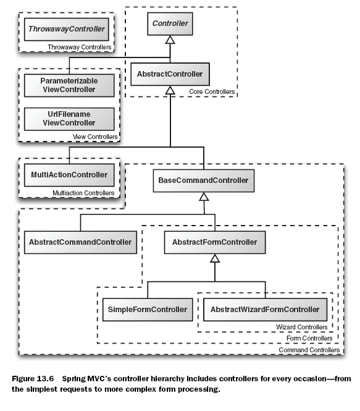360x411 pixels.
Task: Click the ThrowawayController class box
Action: point(67,30)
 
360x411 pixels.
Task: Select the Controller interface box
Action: point(170,23)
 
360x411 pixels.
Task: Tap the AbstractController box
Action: point(170,74)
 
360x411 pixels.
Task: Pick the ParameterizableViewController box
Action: point(69,85)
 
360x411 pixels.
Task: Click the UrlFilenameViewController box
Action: point(69,119)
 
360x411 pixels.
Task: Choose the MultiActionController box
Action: point(69,175)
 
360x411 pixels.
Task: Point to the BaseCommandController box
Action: point(203,180)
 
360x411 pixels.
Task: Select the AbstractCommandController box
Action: point(80,242)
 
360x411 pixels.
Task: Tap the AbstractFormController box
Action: point(215,242)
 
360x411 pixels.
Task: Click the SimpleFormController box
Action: point(148,310)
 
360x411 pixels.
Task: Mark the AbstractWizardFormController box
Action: point(265,310)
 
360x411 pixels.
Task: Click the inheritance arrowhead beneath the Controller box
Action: point(170,40)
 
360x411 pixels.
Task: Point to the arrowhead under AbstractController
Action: point(170,90)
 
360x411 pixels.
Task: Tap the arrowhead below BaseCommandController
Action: point(204,197)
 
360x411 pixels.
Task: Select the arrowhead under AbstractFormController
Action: point(215,258)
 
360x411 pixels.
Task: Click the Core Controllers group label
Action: point(212,91)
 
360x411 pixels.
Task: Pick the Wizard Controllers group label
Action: point(301,327)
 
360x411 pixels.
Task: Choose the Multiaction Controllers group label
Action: point(83,193)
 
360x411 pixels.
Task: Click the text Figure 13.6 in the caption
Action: point(33,379)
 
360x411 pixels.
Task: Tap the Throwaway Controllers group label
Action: point(79,47)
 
